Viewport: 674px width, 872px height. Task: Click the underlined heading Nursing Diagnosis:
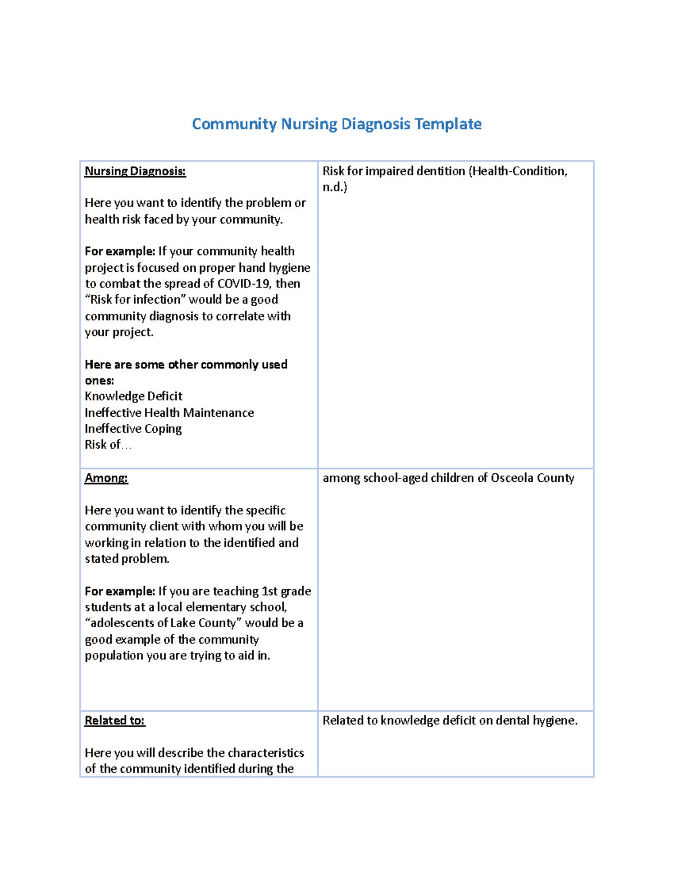pyautogui.click(x=135, y=171)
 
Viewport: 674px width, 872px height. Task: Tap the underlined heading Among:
pyautogui.click(x=106, y=478)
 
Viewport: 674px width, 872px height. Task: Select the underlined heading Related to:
pyautogui.click(x=115, y=720)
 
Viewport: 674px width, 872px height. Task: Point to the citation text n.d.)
pyautogui.click(x=335, y=188)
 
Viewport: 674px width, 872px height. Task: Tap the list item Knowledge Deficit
pyautogui.click(x=134, y=396)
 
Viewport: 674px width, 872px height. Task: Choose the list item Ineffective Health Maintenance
pyautogui.click(x=169, y=413)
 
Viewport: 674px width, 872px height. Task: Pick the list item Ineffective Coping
pyautogui.click(x=133, y=429)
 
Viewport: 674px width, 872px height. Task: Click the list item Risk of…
pyautogui.click(x=108, y=445)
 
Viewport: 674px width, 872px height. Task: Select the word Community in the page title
pyautogui.click(x=234, y=124)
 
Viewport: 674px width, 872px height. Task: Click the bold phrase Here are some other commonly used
pyautogui.click(x=186, y=364)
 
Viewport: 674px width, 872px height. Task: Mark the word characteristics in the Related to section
pyautogui.click(x=266, y=753)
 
